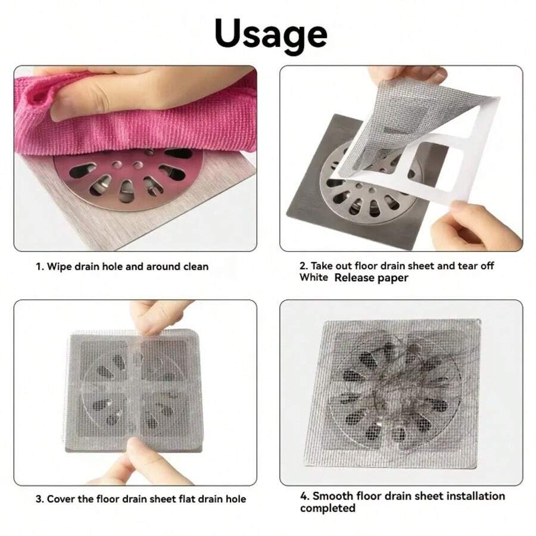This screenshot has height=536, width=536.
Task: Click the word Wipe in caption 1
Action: (x=60, y=266)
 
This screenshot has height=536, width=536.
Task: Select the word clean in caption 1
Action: (x=193, y=266)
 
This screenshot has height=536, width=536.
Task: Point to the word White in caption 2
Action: (x=313, y=278)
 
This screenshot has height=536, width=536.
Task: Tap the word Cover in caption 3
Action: (x=63, y=498)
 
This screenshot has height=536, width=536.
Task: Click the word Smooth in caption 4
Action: (x=331, y=496)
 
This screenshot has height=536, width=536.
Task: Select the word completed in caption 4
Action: (x=328, y=508)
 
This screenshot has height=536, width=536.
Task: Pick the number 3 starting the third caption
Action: (x=39, y=498)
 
